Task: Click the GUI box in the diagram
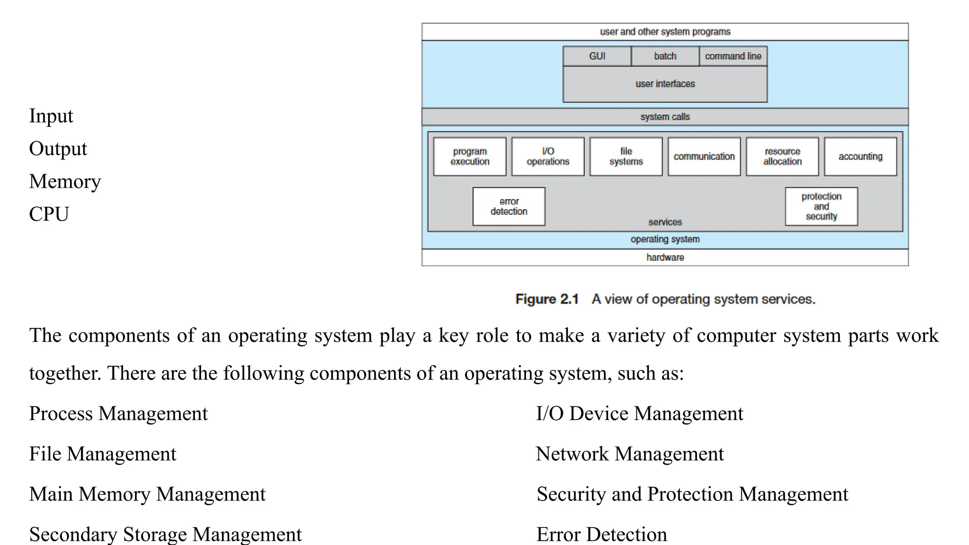597,56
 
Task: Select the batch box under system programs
665,56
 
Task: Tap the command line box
733,56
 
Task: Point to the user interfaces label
665,84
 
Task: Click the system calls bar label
665,117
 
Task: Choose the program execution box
470,157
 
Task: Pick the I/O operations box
548,157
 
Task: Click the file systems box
626,157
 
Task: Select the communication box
704,157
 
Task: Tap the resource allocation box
782,157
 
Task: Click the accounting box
860,157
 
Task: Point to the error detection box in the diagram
509,207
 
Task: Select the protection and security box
821,207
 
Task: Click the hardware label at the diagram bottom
665,257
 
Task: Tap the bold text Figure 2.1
547,299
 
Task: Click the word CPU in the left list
49,214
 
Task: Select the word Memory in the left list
65,182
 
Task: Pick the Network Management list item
629,454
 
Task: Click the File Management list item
102,454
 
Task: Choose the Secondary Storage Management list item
165,535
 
